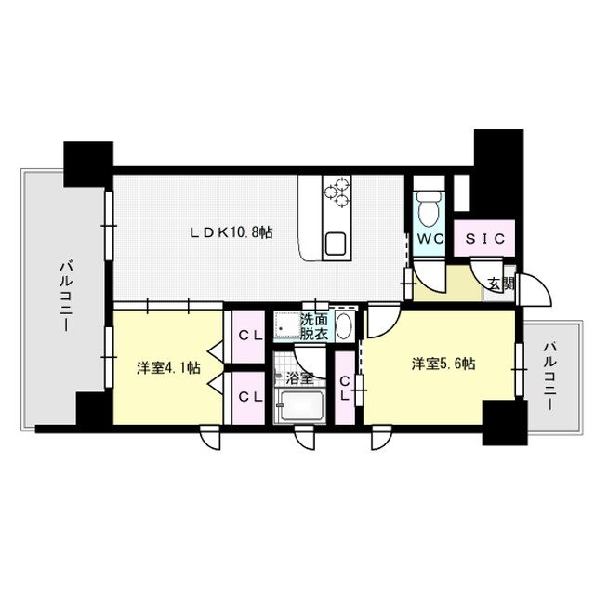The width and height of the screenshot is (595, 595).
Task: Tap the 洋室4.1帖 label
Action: [168, 368]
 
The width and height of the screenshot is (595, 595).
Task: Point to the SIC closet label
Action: [483, 238]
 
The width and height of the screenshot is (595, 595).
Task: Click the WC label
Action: [430, 239]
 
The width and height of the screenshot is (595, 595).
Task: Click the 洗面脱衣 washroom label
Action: [313, 326]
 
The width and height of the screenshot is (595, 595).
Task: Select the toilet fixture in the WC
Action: [430, 206]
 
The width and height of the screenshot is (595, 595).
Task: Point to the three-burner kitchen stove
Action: [337, 191]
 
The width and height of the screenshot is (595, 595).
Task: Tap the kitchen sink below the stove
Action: [335, 245]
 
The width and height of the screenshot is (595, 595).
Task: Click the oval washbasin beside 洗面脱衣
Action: [342, 326]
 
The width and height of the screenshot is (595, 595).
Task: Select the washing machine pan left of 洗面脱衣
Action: [285, 327]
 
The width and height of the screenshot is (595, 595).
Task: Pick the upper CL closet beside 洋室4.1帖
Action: [248, 335]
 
